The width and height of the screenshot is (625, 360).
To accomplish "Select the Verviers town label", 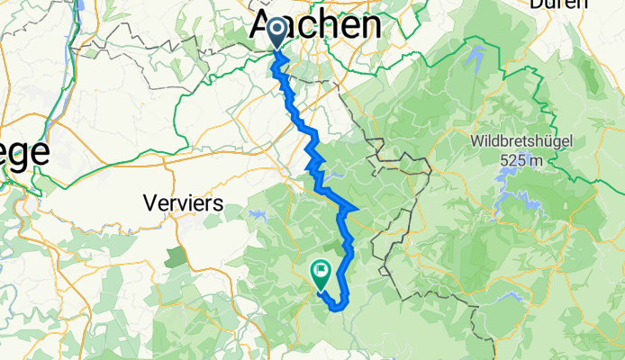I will point(183,203).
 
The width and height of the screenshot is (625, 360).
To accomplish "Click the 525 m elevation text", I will point(521,160).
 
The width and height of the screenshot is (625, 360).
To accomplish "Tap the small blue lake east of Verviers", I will point(259,215).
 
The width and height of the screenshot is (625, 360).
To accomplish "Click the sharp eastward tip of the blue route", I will point(358,211).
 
